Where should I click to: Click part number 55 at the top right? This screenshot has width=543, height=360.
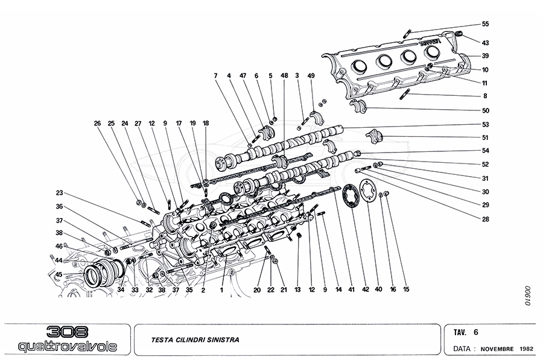(x=485, y=24)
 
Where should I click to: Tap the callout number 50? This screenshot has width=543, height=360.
(x=485, y=111)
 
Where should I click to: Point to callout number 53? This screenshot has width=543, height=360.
(x=485, y=125)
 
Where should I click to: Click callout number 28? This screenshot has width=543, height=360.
(x=485, y=219)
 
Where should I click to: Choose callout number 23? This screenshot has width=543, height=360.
(x=60, y=193)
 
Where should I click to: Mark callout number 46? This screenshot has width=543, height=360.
(x=60, y=246)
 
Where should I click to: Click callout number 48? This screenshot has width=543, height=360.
(x=284, y=75)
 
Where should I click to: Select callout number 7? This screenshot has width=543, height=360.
(x=215, y=75)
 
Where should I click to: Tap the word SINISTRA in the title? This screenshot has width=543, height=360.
(x=222, y=340)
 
